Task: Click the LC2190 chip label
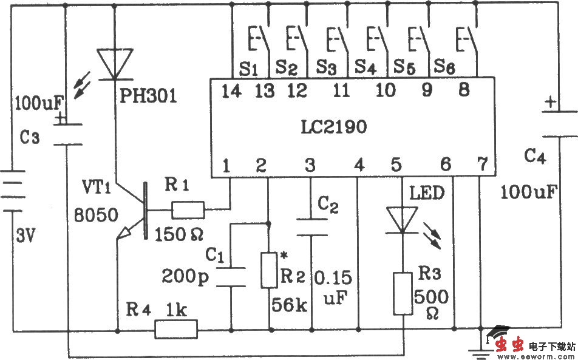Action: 333,128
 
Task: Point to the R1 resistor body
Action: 188,210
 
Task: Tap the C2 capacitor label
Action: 327,206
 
